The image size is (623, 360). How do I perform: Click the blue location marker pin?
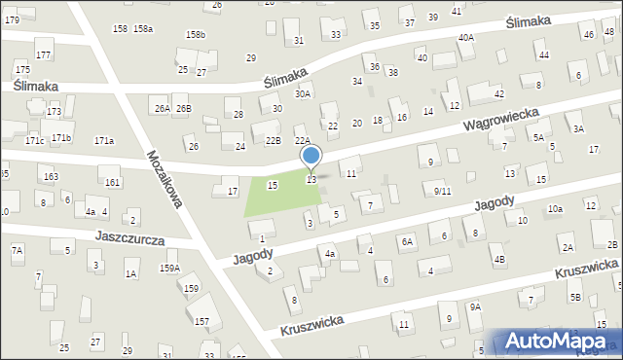pyautogui.click(x=311, y=156)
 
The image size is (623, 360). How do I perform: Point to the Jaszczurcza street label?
pyautogui.click(x=129, y=237)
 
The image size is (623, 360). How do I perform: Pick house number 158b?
pyautogui.click(x=195, y=35)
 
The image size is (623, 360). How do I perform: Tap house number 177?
pyautogui.click(x=43, y=54)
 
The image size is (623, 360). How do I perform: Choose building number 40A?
pyautogui.click(x=466, y=37)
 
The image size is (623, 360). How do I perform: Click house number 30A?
pyautogui.click(x=303, y=93)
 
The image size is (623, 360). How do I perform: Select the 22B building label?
pyautogui.click(x=274, y=140)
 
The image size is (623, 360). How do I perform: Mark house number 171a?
pyautogui.click(x=104, y=141)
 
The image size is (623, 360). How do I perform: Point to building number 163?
pyautogui.click(x=51, y=177)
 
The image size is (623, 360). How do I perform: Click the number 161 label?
pyautogui.click(x=112, y=182)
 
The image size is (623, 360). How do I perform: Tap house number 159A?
pyautogui.click(x=169, y=268)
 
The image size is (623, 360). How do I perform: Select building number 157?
pyautogui.click(x=202, y=321)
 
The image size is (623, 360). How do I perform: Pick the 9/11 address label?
pyautogui.click(x=442, y=191)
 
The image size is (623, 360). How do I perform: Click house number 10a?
pyautogui.click(x=555, y=209)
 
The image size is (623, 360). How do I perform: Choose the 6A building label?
pyautogui.click(x=409, y=240)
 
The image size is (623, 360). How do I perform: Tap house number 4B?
pyautogui.click(x=498, y=260)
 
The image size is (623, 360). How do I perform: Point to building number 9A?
pyautogui.click(x=475, y=306)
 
